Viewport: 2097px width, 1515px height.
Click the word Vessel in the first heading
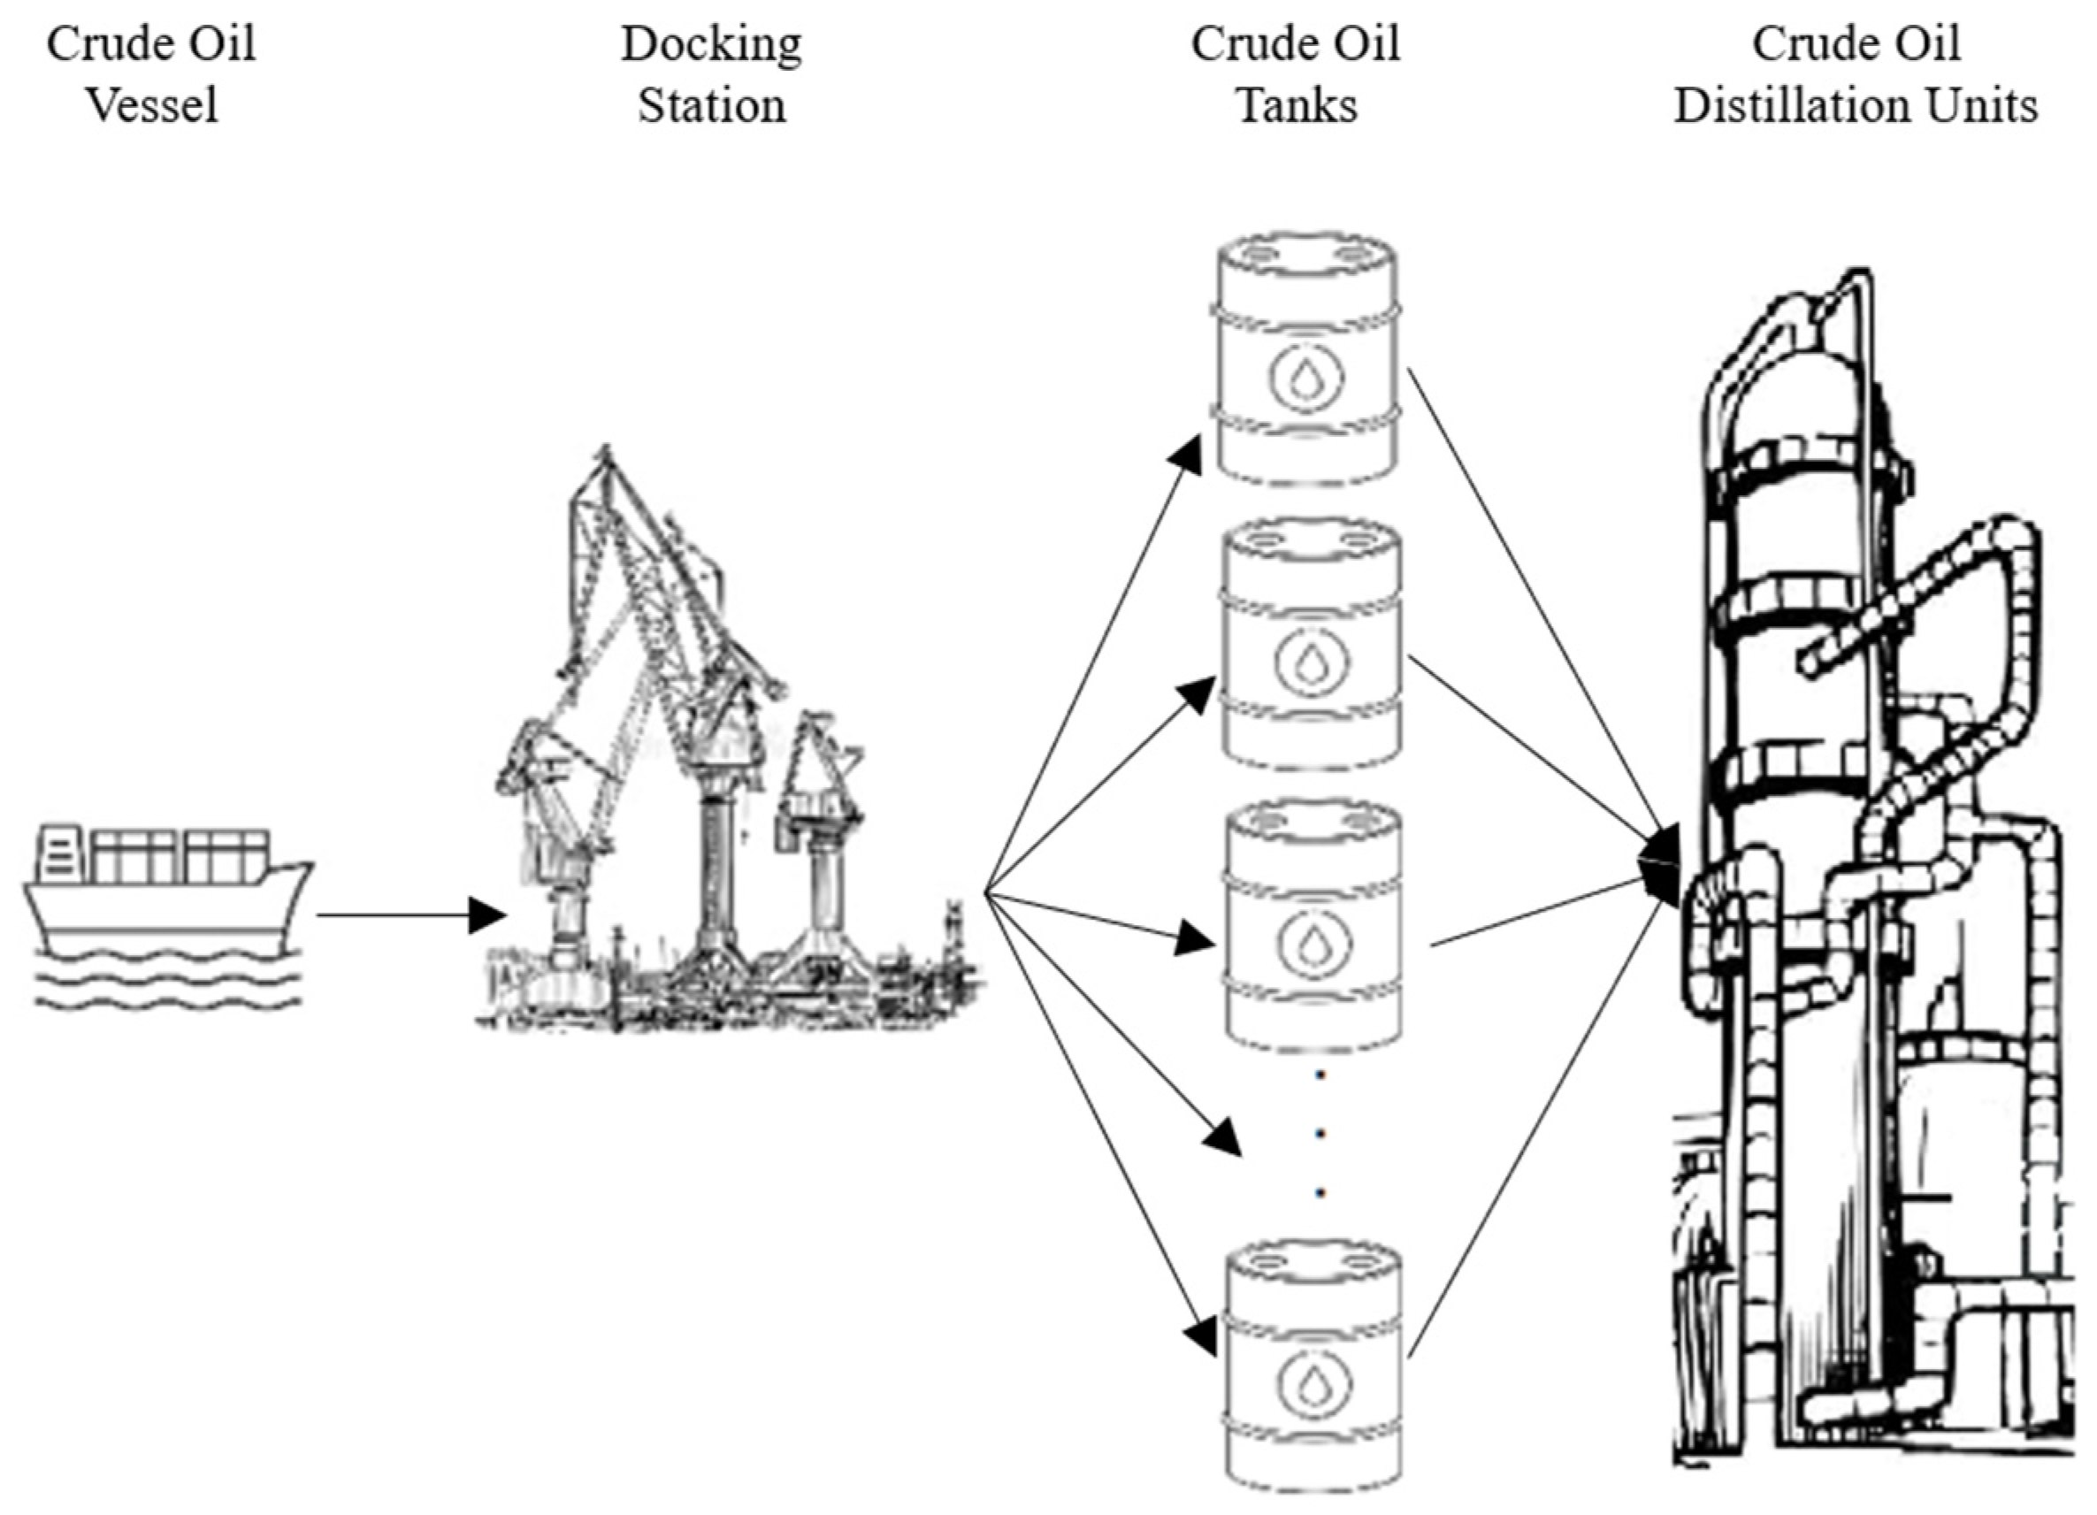click(x=152, y=104)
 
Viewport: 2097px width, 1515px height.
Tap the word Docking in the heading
click(x=711, y=43)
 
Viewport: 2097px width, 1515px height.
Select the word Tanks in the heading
click(x=1297, y=104)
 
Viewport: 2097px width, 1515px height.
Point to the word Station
click(x=711, y=104)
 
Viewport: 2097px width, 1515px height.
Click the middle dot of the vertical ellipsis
click(x=1320, y=1133)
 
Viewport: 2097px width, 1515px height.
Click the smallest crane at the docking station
click(x=818, y=832)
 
